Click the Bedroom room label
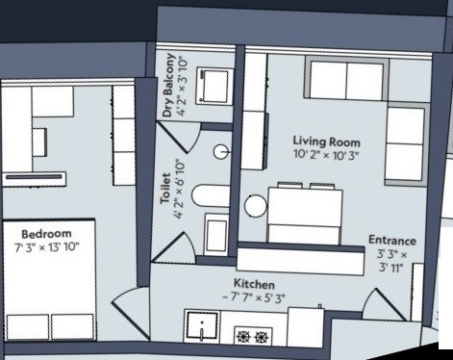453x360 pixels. [46, 234]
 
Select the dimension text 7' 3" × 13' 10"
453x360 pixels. [47, 247]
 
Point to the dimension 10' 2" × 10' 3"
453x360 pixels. [325, 154]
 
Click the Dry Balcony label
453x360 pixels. [168, 86]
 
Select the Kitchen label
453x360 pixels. [254, 285]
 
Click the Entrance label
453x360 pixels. [391, 240]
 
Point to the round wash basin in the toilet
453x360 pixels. [220, 151]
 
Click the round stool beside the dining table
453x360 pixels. [256, 205]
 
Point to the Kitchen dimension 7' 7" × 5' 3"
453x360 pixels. [254, 297]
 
